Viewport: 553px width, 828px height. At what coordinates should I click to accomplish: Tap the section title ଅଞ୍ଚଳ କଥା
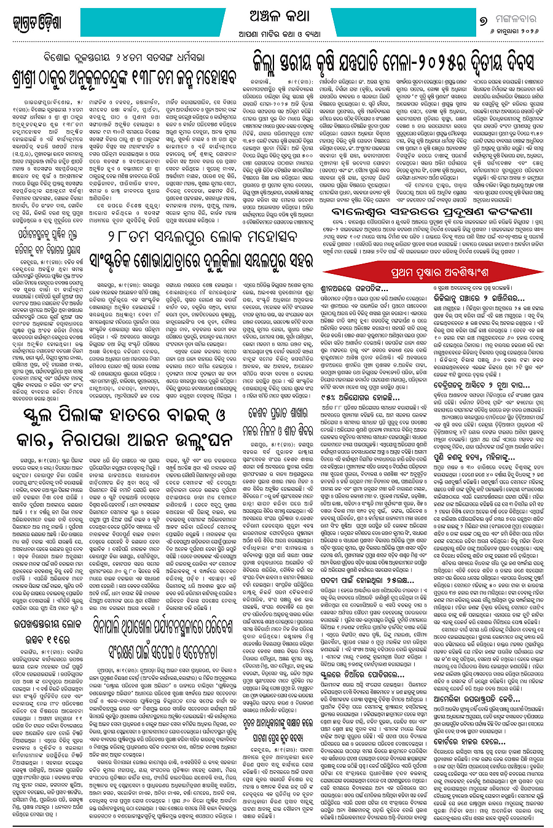(276, 15)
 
